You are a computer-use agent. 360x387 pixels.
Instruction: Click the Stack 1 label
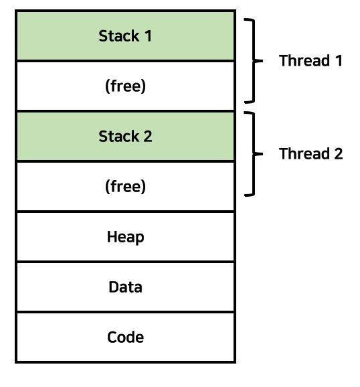point(125,36)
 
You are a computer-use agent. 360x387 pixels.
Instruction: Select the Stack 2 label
point(125,137)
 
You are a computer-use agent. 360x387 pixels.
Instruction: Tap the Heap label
point(125,237)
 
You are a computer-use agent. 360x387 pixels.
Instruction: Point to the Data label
point(125,287)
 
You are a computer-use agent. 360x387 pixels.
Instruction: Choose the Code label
point(125,337)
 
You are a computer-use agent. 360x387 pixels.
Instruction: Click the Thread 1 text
point(310,61)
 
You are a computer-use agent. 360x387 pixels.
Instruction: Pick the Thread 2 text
point(310,154)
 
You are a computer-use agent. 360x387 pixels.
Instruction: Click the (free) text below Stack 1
point(125,86)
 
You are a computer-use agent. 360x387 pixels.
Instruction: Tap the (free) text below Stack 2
point(125,187)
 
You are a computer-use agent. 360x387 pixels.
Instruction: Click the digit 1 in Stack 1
point(148,36)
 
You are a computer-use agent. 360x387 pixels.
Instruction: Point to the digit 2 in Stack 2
point(148,137)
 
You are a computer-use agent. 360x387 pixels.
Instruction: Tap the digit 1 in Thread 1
point(339,61)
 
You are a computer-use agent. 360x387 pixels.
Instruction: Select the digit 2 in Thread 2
point(338,154)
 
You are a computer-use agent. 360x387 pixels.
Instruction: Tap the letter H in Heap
point(111,237)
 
